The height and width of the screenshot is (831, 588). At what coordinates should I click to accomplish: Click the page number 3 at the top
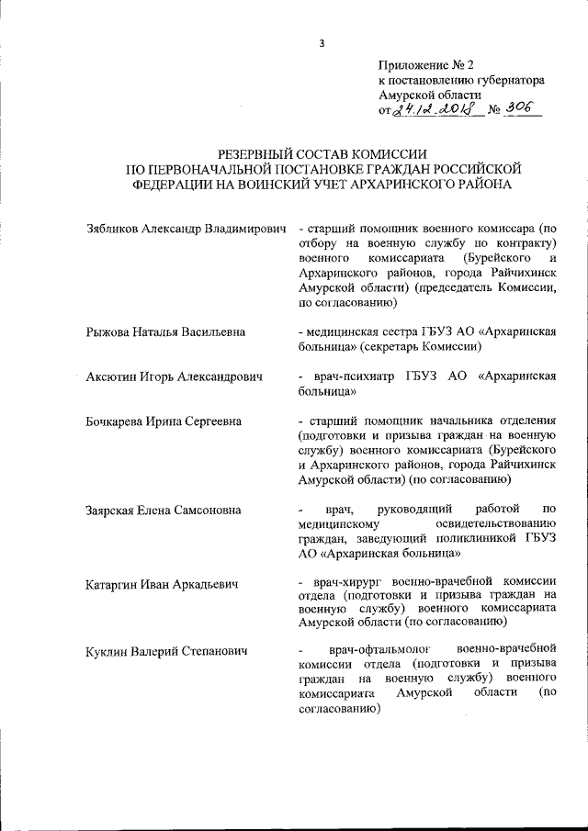[x=322, y=43]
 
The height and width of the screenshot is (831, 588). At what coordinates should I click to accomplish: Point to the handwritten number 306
[x=521, y=110]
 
